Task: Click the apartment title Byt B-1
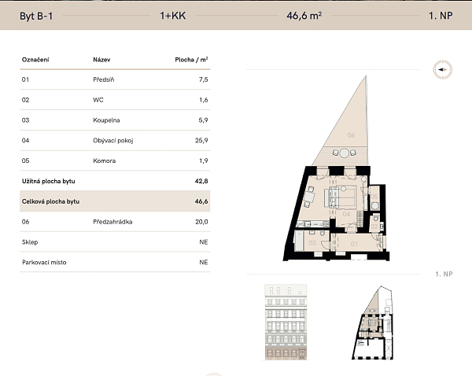click(36, 16)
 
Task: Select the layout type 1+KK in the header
click(173, 16)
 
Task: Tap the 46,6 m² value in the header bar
click(304, 16)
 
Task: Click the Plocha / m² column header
click(191, 60)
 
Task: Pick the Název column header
click(101, 60)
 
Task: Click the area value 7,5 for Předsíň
click(203, 79)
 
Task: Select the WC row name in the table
click(98, 100)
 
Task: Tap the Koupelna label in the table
click(106, 120)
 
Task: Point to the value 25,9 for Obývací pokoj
click(201, 140)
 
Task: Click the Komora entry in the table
click(104, 160)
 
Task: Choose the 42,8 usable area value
click(201, 181)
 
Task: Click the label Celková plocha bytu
click(50, 201)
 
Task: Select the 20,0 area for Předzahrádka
click(201, 222)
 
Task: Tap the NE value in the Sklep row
click(204, 242)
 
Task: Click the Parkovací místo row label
click(44, 262)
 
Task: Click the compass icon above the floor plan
click(442, 69)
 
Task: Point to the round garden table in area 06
click(344, 153)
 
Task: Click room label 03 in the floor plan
click(312, 242)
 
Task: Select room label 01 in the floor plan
click(354, 244)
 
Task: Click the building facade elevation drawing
click(286, 322)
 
